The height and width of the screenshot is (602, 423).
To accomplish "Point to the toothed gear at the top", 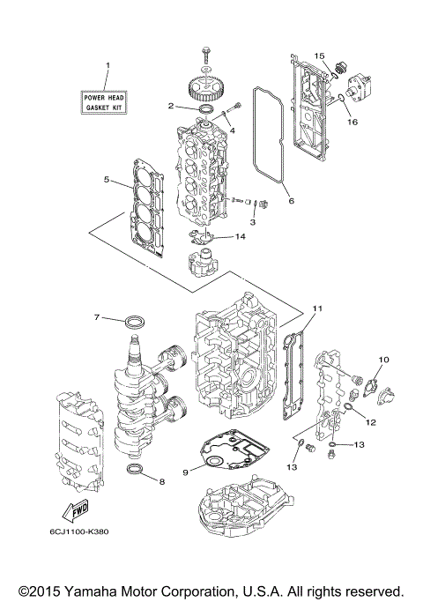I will [204, 89].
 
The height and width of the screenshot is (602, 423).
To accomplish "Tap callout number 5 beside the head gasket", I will [106, 180].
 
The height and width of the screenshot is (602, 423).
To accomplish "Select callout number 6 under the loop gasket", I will [291, 200].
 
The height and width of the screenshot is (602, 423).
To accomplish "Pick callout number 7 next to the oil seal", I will [98, 316].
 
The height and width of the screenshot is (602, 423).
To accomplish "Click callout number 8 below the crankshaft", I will [161, 481].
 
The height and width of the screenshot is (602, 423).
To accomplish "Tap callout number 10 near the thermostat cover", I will [383, 360].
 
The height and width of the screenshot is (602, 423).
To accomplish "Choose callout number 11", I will [318, 308].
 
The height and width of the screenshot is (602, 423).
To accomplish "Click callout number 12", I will [371, 422].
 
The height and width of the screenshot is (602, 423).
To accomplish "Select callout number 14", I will [241, 236].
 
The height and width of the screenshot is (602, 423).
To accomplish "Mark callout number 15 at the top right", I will [320, 56].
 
